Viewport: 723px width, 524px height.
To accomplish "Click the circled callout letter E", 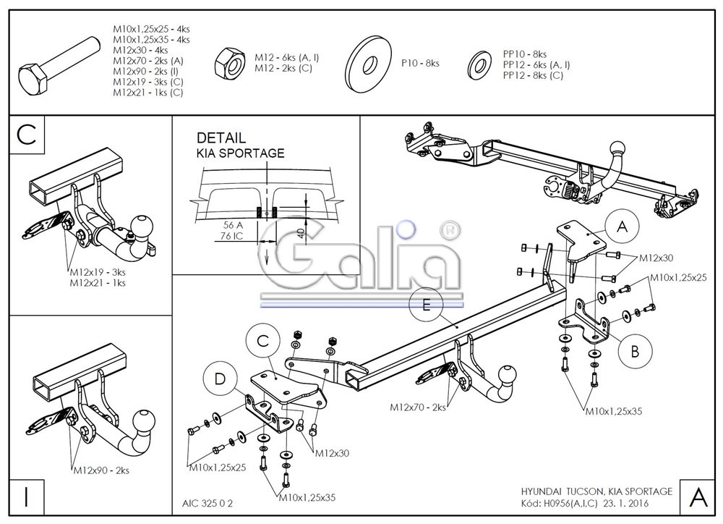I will [x=426, y=305].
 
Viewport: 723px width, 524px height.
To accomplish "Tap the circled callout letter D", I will [x=218, y=379].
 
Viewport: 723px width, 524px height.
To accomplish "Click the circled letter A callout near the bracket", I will [x=621, y=227].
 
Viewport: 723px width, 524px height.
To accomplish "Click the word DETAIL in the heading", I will [x=221, y=138].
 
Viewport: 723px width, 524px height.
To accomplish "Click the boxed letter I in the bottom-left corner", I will [x=26, y=497].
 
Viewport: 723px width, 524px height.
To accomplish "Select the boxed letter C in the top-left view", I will [x=27, y=135].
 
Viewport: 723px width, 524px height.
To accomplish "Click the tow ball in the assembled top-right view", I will [x=620, y=151].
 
